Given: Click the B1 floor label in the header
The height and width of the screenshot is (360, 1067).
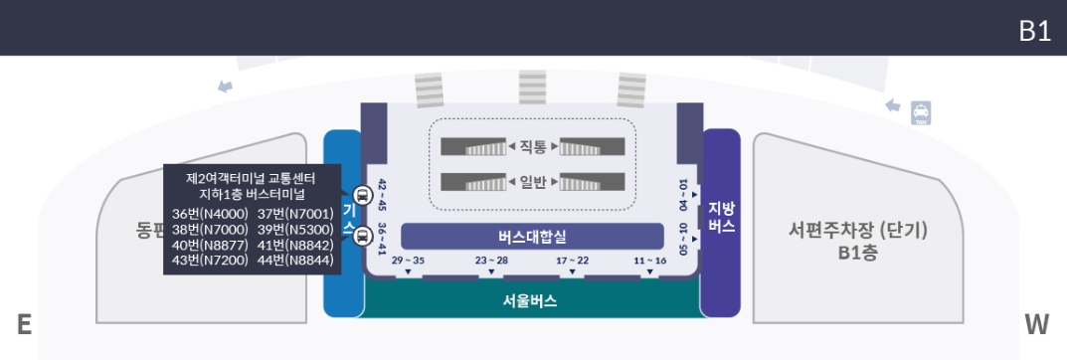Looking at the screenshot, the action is [x=1034, y=31].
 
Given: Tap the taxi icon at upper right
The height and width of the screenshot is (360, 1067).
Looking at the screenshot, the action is [x=921, y=112].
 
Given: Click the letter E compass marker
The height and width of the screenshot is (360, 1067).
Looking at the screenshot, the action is [x=24, y=324].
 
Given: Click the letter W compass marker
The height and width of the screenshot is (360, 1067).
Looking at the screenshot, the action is [x=1037, y=324].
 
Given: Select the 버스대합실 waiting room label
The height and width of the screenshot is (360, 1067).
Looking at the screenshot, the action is [x=532, y=236].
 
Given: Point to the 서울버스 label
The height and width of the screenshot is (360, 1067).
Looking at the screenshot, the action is [x=530, y=299].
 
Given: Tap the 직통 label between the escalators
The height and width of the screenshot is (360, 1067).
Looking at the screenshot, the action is [x=533, y=147].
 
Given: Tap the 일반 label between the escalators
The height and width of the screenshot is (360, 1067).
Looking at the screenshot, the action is [x=533, y=182].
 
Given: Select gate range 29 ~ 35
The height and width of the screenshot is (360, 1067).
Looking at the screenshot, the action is [x=408, y=261].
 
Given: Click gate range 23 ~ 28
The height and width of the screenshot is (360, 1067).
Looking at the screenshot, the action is [x=491, y=261].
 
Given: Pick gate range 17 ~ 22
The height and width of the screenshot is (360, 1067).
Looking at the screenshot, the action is [x=572, y=261].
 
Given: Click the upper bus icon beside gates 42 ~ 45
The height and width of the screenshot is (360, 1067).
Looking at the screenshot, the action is [x=362, y=195].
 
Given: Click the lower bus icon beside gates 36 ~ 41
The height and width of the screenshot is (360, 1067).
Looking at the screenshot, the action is [x=362, y=235].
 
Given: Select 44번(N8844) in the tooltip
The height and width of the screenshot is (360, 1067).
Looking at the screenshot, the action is [x=295, y=261].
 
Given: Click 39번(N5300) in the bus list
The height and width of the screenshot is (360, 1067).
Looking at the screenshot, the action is [x=295, y=230].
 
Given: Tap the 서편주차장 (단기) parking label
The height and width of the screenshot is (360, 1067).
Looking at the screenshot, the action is [x=857, y=231].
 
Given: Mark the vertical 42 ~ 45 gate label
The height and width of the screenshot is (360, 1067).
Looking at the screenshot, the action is [x=382, y=195].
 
